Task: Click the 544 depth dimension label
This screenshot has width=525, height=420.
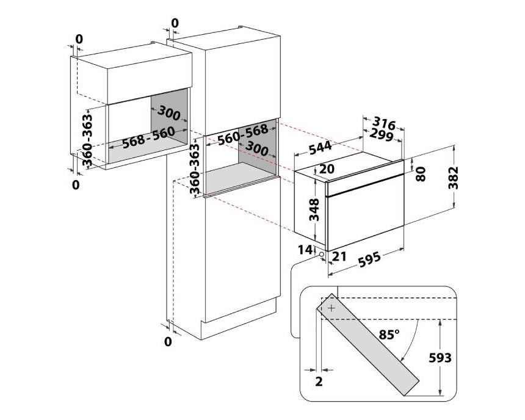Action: [320, 148]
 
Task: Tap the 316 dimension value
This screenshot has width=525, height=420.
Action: [384, 123]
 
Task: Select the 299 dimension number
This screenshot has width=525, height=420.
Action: [381, 135]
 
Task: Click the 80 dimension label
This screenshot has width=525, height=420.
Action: [421, 174]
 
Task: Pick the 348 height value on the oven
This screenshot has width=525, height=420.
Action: [314, 209]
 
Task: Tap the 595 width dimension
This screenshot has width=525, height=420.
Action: [369, 259]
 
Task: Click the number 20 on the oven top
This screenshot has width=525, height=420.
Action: [327, 169]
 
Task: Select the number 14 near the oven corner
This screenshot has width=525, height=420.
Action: [305, 250]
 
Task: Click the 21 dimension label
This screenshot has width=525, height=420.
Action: [339, 256]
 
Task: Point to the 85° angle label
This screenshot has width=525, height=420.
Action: [389, 335]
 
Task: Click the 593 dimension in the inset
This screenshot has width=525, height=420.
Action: [440, 358]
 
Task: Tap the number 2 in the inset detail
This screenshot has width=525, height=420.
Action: [319, 382]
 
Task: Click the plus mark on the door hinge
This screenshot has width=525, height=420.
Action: [331, 308]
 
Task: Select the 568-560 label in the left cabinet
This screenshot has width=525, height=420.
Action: [148, 137]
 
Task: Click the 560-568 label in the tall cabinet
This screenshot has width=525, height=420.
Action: [243, 134]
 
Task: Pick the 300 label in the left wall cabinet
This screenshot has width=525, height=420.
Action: [168, 113]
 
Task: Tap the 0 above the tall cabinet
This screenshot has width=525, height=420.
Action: [175, 23]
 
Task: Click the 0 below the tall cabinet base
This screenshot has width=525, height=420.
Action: [168, 342]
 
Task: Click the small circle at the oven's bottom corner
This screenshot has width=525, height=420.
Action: [322, 255]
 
